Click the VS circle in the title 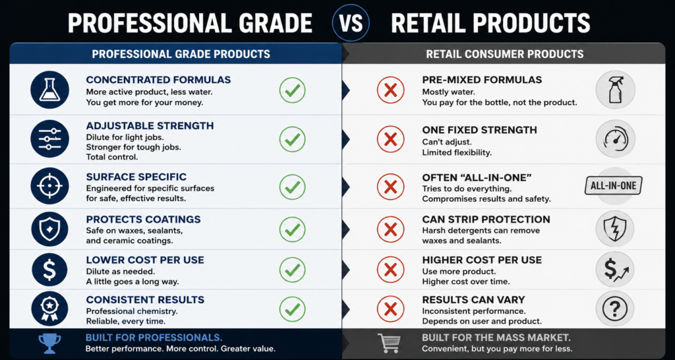point(351,23)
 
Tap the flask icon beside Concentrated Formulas point(50,90)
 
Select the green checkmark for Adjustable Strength point(292,139)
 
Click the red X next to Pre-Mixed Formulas point(390,90)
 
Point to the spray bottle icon point(615,90)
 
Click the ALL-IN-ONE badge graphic point(614,186)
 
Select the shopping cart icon point(388,344)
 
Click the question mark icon point(615,309)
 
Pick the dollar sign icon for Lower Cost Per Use point(50,270)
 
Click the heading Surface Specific point(136,177)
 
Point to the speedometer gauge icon point(615,139)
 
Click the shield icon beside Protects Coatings point(50,229)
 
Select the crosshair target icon point(50,186)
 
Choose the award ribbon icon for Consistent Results point(50,309)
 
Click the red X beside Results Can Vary point(390,309)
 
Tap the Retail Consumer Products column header point(504,54)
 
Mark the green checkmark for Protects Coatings point(292,229)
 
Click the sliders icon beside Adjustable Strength point(50,139)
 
